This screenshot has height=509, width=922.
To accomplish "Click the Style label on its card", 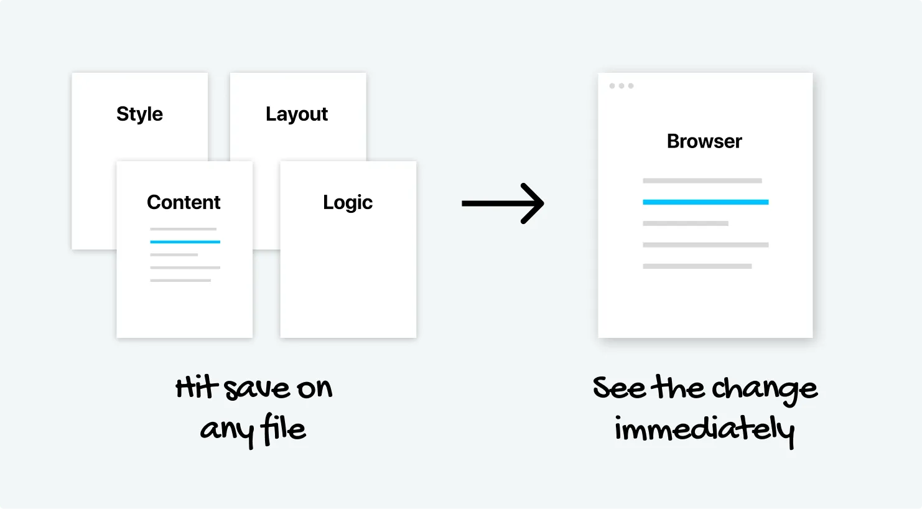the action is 139,114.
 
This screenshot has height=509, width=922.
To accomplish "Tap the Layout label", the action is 297,114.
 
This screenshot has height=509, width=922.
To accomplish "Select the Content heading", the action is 184,202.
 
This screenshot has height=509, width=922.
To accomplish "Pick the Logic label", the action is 348,202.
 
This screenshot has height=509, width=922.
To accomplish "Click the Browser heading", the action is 704,141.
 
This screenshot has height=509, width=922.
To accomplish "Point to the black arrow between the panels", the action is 503,203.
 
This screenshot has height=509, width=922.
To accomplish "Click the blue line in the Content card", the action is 185,241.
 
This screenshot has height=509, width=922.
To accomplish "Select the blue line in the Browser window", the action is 705,202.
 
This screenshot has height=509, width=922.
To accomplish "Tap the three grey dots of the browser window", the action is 622,86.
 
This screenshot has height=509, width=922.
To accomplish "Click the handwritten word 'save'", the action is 257,390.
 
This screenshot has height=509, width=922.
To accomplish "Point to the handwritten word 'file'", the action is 284,429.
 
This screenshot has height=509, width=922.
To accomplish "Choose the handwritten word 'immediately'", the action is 704,429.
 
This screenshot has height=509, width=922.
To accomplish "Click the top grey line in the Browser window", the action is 702,180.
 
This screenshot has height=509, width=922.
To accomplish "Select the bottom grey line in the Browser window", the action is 697,266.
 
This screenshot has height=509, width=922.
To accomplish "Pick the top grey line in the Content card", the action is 183,229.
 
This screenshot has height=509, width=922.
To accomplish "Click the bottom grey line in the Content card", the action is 180,281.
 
